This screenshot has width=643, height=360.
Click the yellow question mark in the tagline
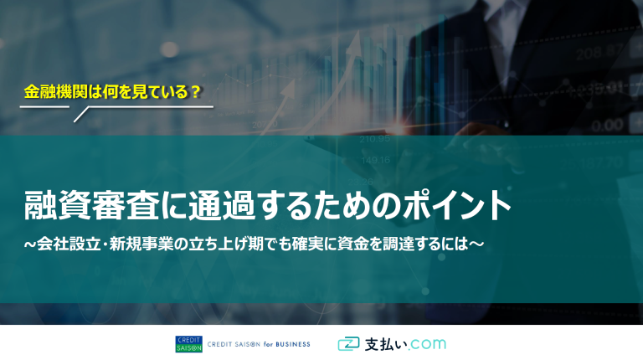click(196, 92)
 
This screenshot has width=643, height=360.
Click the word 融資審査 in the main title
click(92, 205)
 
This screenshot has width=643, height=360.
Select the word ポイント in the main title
click(457, 205)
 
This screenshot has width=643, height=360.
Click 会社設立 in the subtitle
click(69, 244)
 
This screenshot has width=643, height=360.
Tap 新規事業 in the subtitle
click(141, 244)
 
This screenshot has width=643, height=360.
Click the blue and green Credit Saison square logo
click(188, 344)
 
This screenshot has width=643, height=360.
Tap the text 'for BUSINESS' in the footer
click(286, 344)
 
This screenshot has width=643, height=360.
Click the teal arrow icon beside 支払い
click(348, 344)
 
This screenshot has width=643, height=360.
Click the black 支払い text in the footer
click(385, 344)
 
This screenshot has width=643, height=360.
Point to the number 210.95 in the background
click(375, 139)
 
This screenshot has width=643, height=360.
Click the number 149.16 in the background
click(376, 160)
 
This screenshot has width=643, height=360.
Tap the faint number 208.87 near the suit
click(599, 53)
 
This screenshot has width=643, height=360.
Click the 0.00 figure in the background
click(607, 125)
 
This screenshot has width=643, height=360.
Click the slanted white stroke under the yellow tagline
click(81, 115)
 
